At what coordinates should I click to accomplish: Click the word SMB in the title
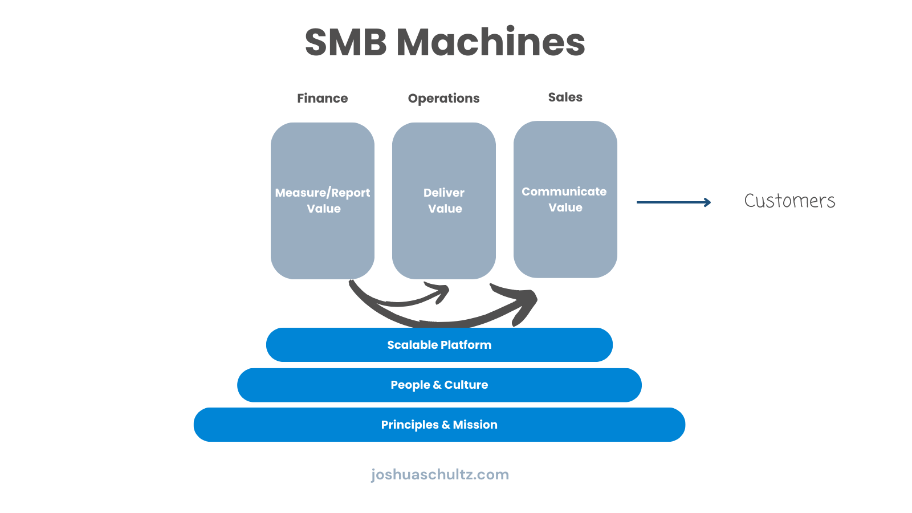coord(345,43)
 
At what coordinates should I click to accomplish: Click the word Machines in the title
coord(491,43)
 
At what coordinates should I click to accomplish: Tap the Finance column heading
coord(322,98)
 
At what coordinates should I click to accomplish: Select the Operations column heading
coord(443,98)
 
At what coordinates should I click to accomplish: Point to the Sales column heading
coord(565,97)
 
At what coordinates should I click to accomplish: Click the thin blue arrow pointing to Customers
coord(673,202)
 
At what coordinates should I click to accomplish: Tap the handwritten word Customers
coord(789,201)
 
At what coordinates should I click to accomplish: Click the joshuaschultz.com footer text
coord(439,474)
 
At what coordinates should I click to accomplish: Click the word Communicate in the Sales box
coord(564,192)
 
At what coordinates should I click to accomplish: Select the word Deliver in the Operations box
coord(443,193)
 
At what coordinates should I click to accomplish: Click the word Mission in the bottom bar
coord(475,425)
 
